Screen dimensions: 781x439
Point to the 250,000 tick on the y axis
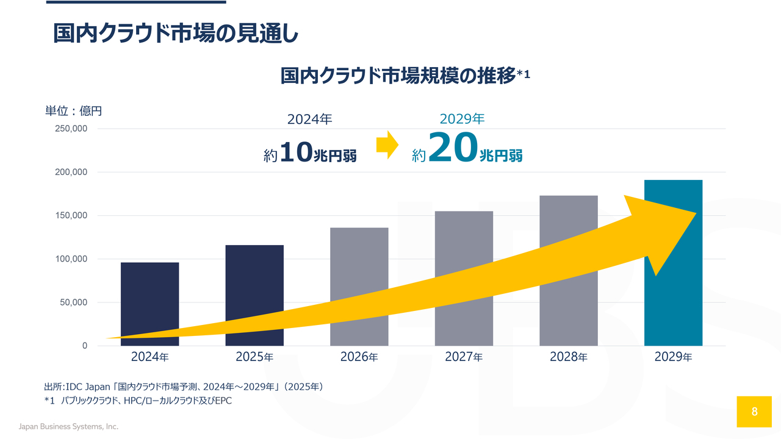(x=71, y=129)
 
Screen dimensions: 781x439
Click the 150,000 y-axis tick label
(x=71, y=215)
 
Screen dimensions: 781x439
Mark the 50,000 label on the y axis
(x=74, y=302)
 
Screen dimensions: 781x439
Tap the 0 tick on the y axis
(x=85, y=346)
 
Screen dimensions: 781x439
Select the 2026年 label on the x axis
(x=359, y=357)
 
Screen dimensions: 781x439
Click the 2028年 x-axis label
(x=569, y=357)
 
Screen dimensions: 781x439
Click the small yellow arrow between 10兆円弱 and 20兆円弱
(x=387, y=145)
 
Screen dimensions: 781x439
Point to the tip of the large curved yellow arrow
(x=696, y=213)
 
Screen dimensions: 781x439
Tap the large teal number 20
(x=453, y=147)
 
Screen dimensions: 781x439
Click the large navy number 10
(x=296, y=152)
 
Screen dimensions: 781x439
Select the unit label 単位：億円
(x=74, y=111)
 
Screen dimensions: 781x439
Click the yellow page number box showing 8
(x=754, y=412)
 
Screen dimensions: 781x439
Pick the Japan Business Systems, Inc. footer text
(x=69, y=426)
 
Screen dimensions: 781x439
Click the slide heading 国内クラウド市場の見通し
(x=175, y=34)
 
